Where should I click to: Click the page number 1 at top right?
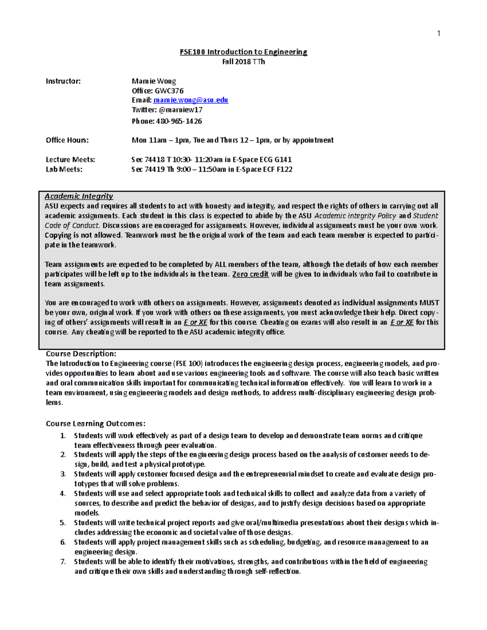(438, 34)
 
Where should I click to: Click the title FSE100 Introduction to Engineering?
(243, 52)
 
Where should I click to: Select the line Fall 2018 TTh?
(243, 62)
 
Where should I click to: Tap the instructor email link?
(191, 100)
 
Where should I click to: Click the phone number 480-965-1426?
(179, 121)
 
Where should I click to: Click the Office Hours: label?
(67, 140)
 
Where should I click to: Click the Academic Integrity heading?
(79, 196)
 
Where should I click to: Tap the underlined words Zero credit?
(250, 274)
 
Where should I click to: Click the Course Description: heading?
(81, 354)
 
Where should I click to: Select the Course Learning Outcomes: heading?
(95, 424)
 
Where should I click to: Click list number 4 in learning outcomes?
(63, 494)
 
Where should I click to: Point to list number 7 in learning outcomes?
(63, 562)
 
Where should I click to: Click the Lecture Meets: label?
(70, 160)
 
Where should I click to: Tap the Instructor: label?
(63, 81)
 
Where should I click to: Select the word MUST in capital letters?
(429, 303)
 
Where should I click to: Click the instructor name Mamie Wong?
(154, 81)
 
